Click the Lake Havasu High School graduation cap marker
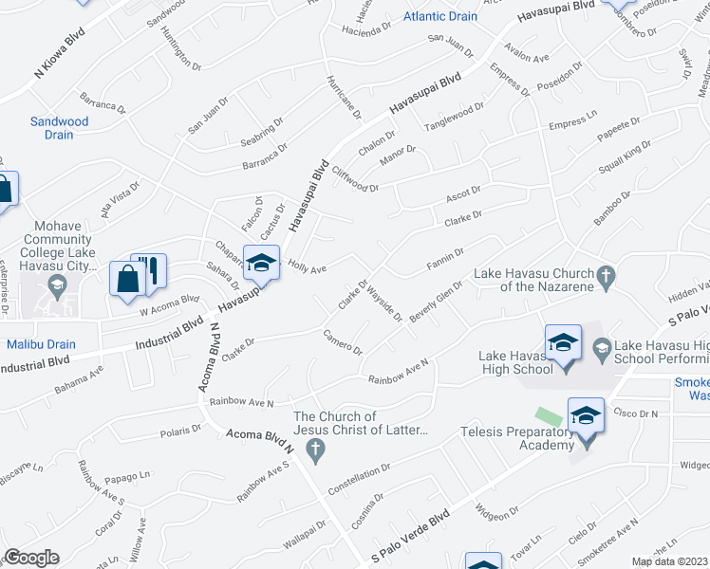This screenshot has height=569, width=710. (563, 342)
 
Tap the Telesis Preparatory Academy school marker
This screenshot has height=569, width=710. (586, 416)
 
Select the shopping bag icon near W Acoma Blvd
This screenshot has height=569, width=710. (127, 279)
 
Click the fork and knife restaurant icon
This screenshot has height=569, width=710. (149, 271)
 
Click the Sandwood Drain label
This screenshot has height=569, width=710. (59, 128)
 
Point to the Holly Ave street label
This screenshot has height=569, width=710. (307, 268)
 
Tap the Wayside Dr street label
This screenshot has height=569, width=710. (385, 302)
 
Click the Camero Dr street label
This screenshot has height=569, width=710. (343, 341)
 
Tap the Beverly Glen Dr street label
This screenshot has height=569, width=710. (437, 301)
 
